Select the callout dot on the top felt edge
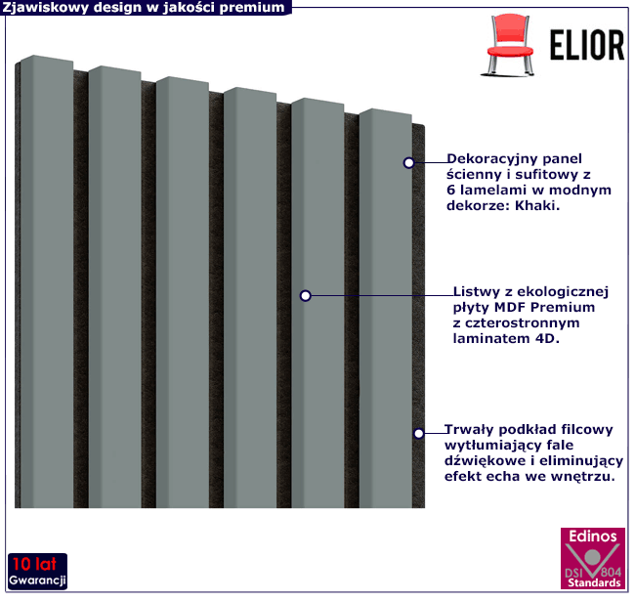410,163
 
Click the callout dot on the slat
306,295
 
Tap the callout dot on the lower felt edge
418,433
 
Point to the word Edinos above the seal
592,537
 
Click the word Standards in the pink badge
591,583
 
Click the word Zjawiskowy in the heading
41,8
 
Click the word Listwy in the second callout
478,291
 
